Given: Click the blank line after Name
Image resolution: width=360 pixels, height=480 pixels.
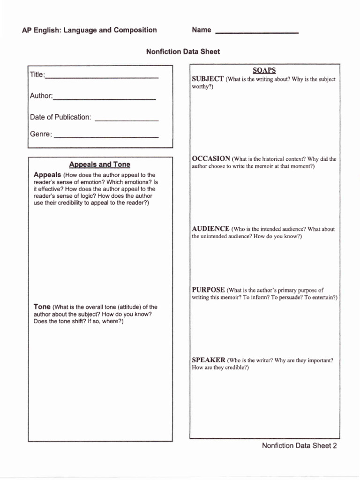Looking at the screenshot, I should coord(256,32).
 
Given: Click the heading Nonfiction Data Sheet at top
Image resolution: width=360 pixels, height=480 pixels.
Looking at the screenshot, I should coord(183,52).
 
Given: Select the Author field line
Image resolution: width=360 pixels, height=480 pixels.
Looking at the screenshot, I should coord(105,98).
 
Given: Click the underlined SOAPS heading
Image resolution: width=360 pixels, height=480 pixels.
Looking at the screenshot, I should coord(264,70).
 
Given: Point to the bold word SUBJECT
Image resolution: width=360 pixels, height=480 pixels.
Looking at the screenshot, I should coord(208,79).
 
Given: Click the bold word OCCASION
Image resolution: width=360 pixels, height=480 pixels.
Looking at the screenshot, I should coord(211,158).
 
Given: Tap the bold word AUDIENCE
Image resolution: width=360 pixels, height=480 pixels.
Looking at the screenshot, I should coord(210,228).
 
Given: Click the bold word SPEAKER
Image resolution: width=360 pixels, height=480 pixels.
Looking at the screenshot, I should coord(209,360).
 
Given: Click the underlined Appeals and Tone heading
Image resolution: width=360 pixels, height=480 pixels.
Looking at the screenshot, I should coord(99,165).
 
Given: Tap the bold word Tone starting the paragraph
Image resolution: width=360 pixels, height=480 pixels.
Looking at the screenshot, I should coord(42,307).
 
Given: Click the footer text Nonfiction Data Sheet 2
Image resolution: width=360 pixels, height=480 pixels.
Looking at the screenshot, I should coord(299,446).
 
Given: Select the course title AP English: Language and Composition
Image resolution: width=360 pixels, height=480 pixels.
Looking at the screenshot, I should coord(89,30).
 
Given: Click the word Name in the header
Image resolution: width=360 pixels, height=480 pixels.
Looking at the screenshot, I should coord(202,30).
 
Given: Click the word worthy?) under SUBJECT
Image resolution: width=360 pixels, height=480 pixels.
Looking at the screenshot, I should coord(202,87).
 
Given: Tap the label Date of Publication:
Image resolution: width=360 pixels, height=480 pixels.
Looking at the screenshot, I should coord(60,117).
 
